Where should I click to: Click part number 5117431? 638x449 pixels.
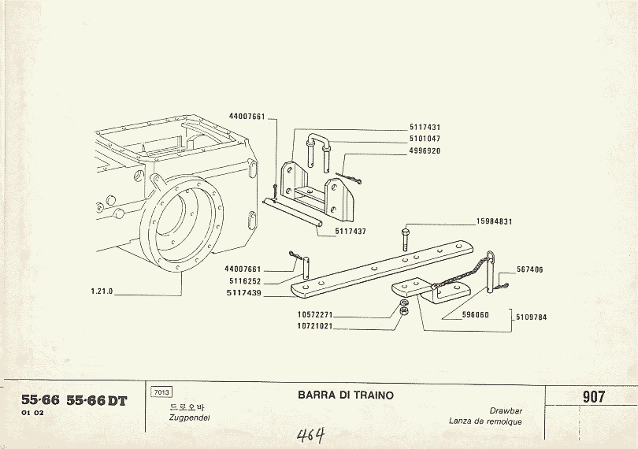[425, 128]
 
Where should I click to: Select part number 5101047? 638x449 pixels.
[425, 139]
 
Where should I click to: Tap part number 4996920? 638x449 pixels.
[425, 150]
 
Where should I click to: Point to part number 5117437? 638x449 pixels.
[351, 232]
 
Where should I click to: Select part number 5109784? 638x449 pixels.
[531, 317]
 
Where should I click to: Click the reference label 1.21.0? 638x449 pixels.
[102, 291]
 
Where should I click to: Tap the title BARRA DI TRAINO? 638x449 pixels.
[346, 395]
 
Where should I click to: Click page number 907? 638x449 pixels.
[593, 397]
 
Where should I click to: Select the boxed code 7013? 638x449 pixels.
[160, 392]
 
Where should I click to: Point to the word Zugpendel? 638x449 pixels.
[186, 417]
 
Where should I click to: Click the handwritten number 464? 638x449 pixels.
[312, 435]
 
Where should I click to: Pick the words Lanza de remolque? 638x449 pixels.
[485, 421]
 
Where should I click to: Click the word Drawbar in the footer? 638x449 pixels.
[506, 411]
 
